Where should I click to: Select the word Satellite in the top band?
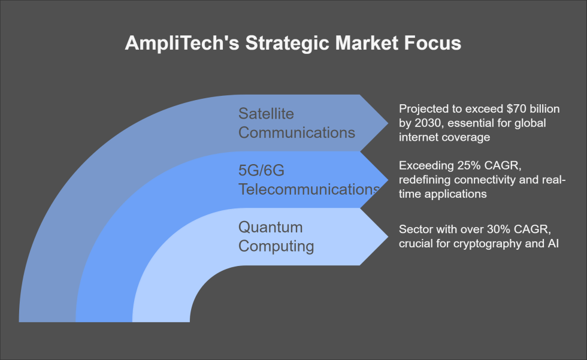267,114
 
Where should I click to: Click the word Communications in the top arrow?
296,132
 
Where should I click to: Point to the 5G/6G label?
261,171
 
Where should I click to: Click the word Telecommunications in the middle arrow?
308,189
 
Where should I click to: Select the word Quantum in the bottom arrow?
270,228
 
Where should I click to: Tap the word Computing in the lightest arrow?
276,246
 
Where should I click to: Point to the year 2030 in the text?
426,123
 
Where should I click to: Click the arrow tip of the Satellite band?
386,123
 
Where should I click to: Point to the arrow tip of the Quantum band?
386,237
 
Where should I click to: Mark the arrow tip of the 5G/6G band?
386,180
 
